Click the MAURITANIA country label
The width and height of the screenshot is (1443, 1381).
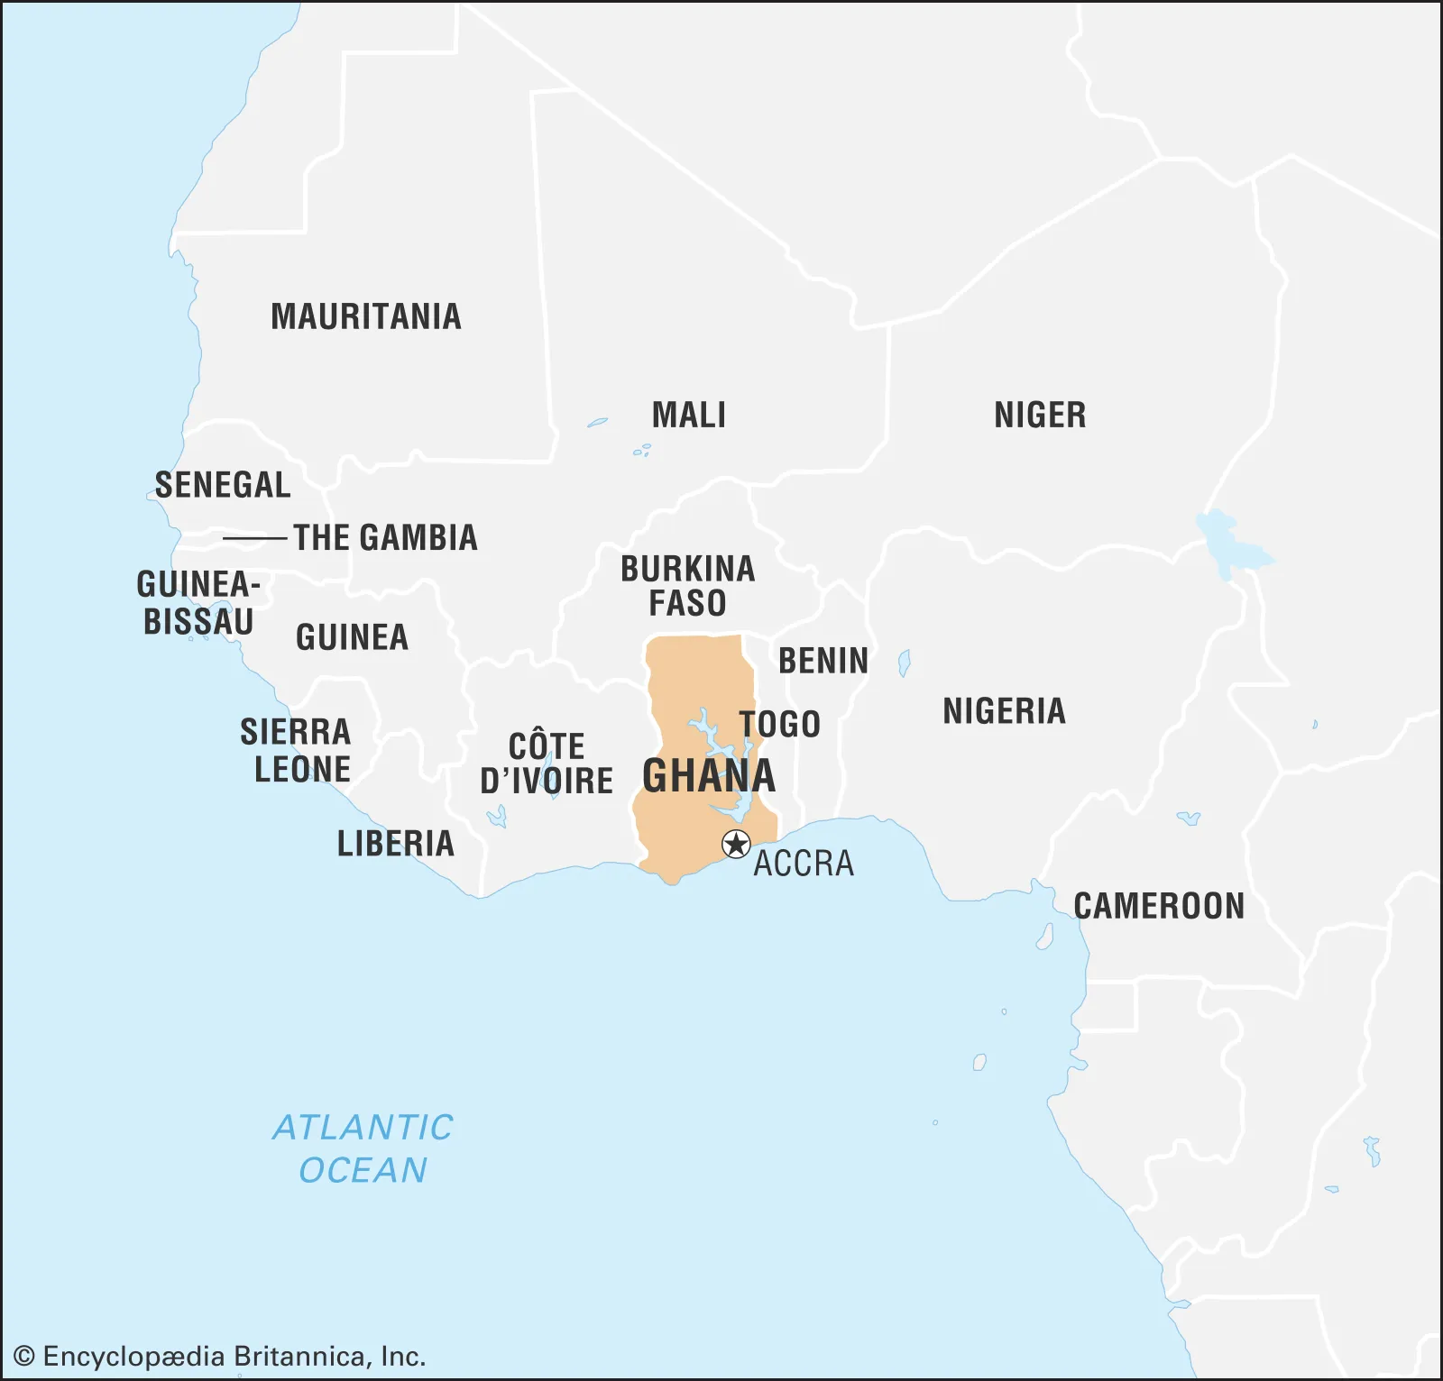pyautogui.click(x=366, y=316)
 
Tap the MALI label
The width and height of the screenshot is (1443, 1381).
pyautogui.click(x=689, y=415)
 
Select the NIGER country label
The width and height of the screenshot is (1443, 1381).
pyautogui.click(x=1040, y=415)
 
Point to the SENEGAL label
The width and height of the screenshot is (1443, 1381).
pyautogui.click(x=223, y=485)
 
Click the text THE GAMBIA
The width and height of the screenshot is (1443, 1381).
pyautogui.click(x=385, y=538)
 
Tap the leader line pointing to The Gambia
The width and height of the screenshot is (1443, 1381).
pyautogui.click(x=254, y=538)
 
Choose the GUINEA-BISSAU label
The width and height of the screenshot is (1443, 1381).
pyautogui.click(x=198, y=603)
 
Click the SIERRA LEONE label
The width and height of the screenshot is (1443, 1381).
pyautogui.click(x=296, y=750)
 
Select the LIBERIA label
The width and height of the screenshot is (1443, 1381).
pyautogui.click(x=396, y=844)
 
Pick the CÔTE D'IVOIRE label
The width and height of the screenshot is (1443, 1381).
pyautogui.click(x=547, y=764)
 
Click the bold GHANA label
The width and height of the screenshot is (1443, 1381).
pyautogui.click(x=709, y=775)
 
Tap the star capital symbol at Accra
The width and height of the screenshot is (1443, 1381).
pyautogui.click(x=736, y=845)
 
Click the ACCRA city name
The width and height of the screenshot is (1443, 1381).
pyautogui.click(x=804, y=864)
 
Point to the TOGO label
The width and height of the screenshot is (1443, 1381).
pyautogui.click(x=780, y=724)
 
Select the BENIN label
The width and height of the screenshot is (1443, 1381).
pyautogui.click(x=823, y=661)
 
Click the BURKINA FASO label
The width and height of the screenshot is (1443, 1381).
pyautogui.click(x=688, y=586)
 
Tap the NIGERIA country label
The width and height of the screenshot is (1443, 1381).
pyautogui.click(x=1004, y=711)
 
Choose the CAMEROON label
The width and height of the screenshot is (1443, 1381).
pyautogui.click(x=1159, y=906)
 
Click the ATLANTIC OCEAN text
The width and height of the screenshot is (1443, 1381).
pyautogui.click(x=363, y=1148)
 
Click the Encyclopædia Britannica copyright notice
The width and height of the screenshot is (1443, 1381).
pyautogui.click(x=220, y=1356)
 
